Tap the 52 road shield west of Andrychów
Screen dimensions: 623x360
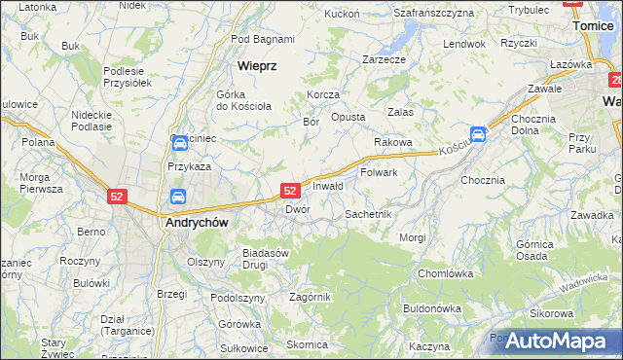click(117, 196)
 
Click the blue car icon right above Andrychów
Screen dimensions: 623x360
click(178, 198)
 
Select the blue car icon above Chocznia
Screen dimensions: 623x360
click(478, 134)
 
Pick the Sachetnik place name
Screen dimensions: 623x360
click(368, 213)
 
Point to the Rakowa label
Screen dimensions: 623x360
click(393, 142)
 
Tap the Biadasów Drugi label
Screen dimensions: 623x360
click(267, 258)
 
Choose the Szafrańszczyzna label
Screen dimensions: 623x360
click(433, 13)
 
